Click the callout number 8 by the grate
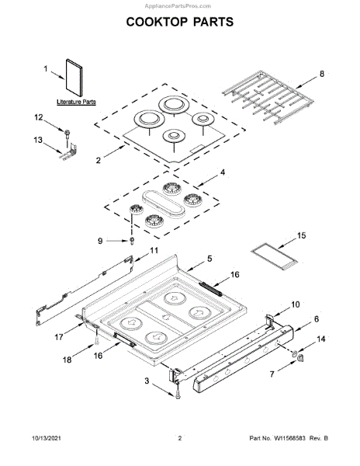[x=322, y=74]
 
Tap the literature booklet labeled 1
[x=74, y=78]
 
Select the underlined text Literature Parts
[x=76, y=102]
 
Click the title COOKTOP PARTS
[x=180, y=22]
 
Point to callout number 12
[x=39, y=117]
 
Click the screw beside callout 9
[x=132, y=241]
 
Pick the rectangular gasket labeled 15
[x=274, y=256]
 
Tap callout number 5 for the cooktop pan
[x=209, y=259]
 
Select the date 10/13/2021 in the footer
[x=47, y=438]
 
